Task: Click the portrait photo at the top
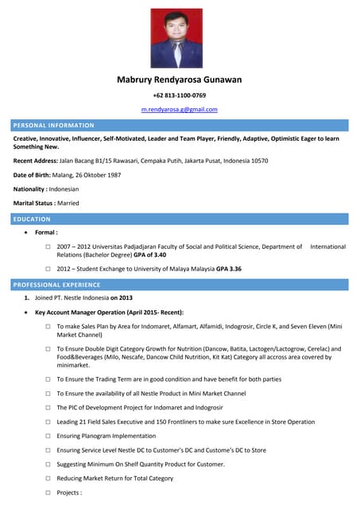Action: pyautogui.click(x=177, y=37)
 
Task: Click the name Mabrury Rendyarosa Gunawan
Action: pyautogui.click(x=180, y=80)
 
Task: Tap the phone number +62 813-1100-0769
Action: pyautogui.click(x=180, y=95)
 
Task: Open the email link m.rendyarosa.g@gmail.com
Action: pyautogui.click(x=180, y=109)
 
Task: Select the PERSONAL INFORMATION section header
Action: pyautogui.click(x=54, y=125)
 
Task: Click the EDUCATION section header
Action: pyautogui.click(x=32, y=219)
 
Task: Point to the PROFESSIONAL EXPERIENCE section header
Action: pyautogui.click(x=56, y=284)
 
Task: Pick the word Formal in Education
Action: pyautogui.click(x=45, y=232)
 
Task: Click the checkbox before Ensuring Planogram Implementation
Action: pyautogui.click(x=48, y=436)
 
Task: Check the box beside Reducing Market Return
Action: pyautogui.click(x=48, y=478)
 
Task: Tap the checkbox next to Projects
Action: pyautogui.click(x=48, y=492)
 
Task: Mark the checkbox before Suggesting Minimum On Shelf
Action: pyautogui.click(x=48, y=464)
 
